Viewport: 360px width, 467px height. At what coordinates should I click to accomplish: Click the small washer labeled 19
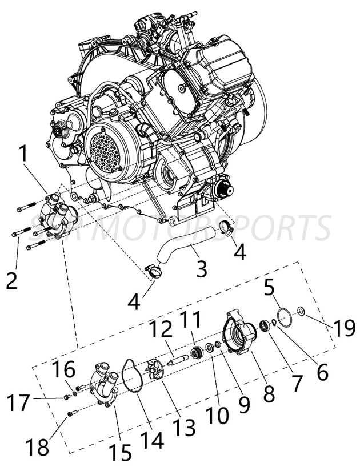tap(301, 312)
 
